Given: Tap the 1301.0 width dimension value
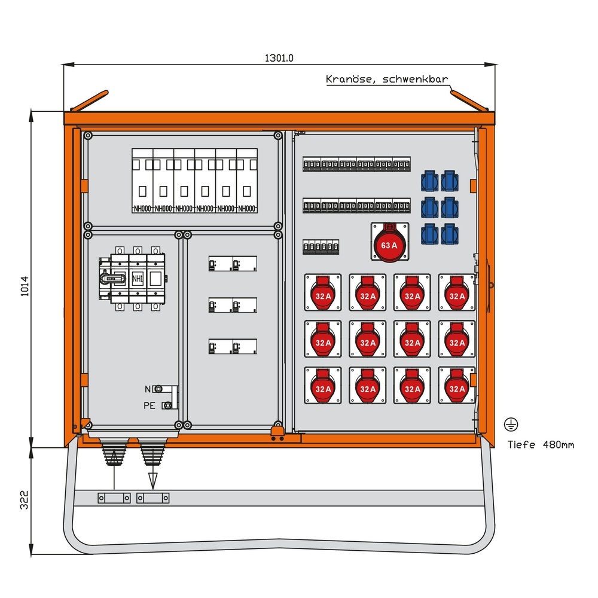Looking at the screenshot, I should pos(279,58).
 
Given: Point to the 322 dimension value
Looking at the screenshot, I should pos(24,500).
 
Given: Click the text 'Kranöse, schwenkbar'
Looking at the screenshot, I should pos(386,79).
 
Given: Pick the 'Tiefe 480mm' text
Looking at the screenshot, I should pos(541,444).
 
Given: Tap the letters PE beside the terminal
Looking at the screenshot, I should pos(149,405).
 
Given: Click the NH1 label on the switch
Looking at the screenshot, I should pos(138,278).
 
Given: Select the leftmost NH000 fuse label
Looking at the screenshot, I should pos(142,209).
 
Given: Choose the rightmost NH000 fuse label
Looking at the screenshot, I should pos(246,209).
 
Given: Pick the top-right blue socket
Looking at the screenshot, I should pos(449,180).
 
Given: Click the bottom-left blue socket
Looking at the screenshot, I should pos(430,233).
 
